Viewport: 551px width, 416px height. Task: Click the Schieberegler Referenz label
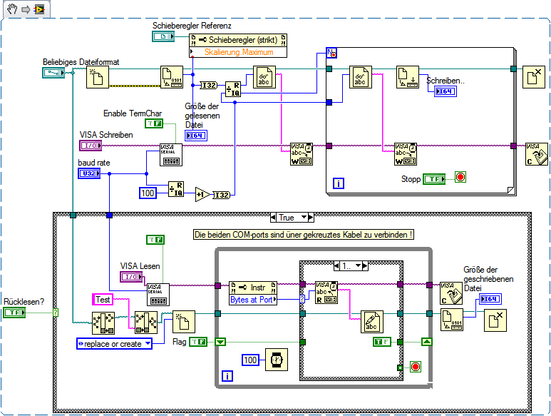[x=191, y=26]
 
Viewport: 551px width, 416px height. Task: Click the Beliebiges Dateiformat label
[x=81, y=62]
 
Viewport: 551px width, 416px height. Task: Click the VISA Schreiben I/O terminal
[x=91, y=146]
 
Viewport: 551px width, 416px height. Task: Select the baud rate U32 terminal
[x=88, y=173]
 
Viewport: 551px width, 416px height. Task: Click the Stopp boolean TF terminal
[x=434, y=178]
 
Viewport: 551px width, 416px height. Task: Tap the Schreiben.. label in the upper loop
[x=446, y=81]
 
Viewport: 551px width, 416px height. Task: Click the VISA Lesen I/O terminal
[x=131, y=277]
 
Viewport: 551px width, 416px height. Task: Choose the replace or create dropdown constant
[x=115, y=344]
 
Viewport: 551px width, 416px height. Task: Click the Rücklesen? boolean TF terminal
[x=15, y=313]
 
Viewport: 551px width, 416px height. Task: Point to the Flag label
[x=180, y=342]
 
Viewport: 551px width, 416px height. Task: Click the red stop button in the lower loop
[x=415, y=366]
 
